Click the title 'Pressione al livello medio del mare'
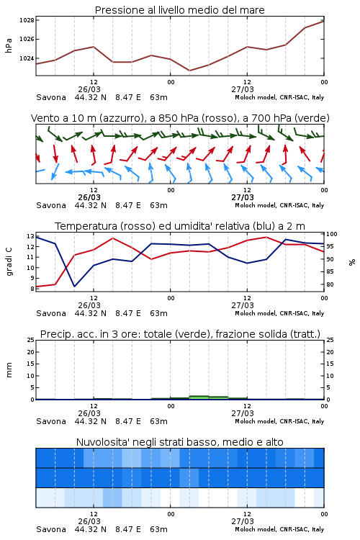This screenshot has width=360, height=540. click(179, 10)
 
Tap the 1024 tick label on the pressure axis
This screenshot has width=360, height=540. click(27, 58)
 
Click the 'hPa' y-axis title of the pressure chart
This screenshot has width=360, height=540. click(9, 45)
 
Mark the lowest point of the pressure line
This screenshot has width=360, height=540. click(189, 71)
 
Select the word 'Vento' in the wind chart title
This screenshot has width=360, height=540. click(43, 118)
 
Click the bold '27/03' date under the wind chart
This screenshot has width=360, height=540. click(243, 198)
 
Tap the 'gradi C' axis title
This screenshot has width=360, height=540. click(9, 261)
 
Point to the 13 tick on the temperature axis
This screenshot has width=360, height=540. click(30, 236)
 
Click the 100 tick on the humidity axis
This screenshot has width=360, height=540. click(332, 234)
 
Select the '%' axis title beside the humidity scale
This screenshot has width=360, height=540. click(352, 262)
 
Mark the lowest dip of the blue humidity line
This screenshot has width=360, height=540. click(74, 286)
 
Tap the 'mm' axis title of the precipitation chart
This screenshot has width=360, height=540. click(9, 370)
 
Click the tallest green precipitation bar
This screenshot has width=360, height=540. click(199, 397)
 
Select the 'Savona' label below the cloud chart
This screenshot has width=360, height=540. click(51, 529)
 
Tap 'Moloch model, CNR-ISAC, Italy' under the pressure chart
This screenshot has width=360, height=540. click(279, 97)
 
